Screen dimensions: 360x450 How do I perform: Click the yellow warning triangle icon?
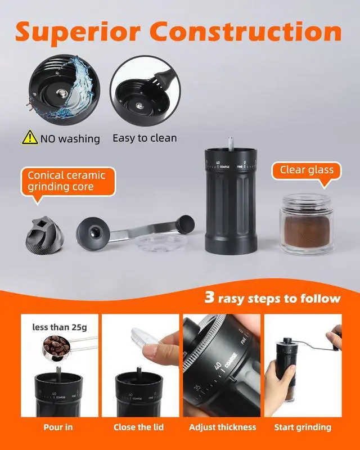click(x=30, y=137)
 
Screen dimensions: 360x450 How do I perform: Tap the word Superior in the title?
click(x=78, y=33)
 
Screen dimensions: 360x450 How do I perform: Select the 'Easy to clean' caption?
click(x=145, y=138)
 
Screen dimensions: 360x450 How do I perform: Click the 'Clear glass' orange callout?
click(x=307, y=172)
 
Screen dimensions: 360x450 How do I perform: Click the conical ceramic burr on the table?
click(x=44, y=235)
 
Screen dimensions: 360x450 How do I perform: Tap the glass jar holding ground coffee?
click(x=307, y=224)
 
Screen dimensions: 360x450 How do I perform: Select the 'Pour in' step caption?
click(x=58, y=427)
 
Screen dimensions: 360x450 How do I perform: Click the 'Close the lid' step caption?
click(x=139, y=427)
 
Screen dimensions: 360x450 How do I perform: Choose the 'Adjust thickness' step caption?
click(x=223, y=427)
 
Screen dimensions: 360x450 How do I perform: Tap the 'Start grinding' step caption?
click(x=303, y=427)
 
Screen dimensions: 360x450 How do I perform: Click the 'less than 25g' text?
click(x=60, y=327)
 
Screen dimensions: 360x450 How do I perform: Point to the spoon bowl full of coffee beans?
click(x=56, y=348)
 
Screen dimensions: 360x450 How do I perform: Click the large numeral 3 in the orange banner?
click(x=210, y=297)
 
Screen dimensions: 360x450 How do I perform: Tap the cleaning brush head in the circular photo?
click(x=164, y=78)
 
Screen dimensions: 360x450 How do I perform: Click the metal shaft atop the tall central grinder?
click(x=231, y=143)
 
